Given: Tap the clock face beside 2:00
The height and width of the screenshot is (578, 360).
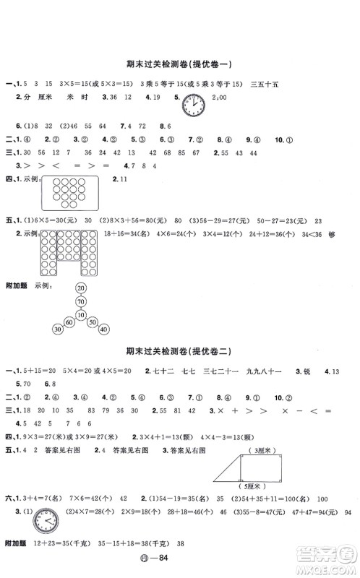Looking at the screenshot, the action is pos(193,103).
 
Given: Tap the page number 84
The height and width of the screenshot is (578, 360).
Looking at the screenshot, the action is pos(187,564).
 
